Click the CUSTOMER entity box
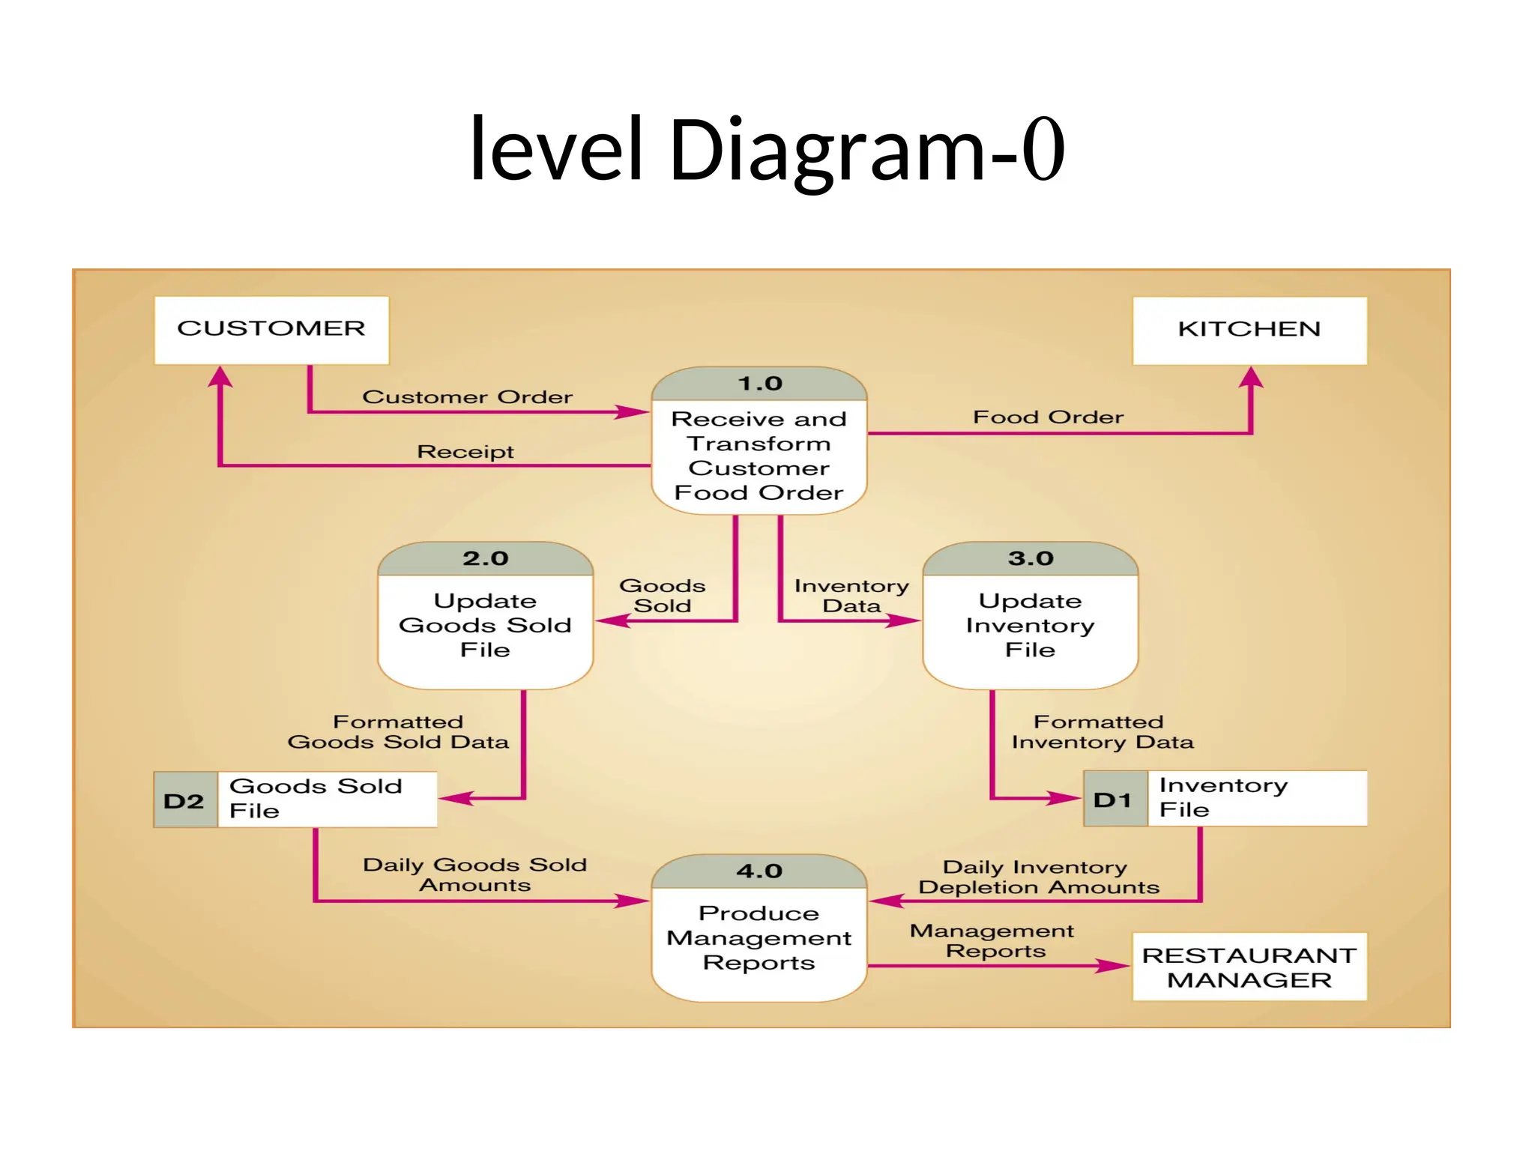(271, 330)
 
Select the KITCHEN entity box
(1249, 330)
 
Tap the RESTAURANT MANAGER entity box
(1249, 967)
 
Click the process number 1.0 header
(759, 384)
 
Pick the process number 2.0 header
(485, 558)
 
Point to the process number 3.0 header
(1030, 558)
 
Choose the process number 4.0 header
(759, 871)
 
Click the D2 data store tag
(184, 800)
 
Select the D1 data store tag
(1114, 800)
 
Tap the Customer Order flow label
(467, 396)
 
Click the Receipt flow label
(465, 451)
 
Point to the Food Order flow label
(1048, 417)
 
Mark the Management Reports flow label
(992, 940)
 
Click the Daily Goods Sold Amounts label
(474, 874)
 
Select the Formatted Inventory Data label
(1102, 731)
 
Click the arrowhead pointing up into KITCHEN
(1251, 378)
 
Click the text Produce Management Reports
(759, 937)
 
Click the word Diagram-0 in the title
(866, 149)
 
